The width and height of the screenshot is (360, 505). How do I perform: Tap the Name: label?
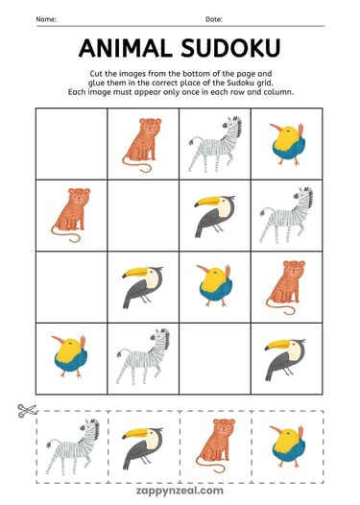[x=47, y=19]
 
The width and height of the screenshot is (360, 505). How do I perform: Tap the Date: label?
[x=213, y=19]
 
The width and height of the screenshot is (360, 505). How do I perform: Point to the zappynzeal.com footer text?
[x=180, y=487]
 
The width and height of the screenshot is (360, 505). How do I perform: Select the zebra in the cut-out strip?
[x=72, y=445]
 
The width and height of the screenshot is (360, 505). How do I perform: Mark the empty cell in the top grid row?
[x=72, y=143]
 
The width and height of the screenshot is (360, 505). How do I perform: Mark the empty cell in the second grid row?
[x=143, y=215]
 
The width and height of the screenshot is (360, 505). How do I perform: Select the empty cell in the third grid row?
[x=72, y=286]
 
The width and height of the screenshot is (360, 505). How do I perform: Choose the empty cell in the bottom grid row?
[x=215, y=358]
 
